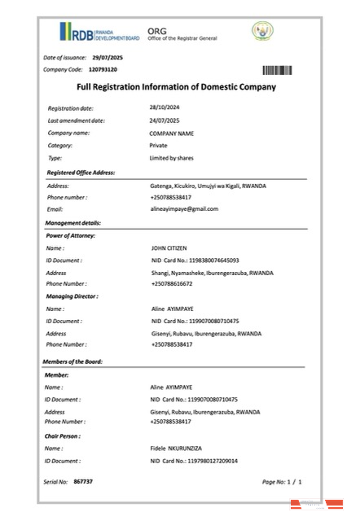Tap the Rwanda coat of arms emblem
264,33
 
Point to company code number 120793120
103,69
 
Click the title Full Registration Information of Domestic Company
176,87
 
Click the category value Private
158,145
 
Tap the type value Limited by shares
171,157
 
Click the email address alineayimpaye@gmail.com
184,208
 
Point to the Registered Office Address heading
80,173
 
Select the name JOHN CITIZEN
169,247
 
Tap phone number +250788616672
172,283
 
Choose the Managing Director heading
72,296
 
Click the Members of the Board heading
72,361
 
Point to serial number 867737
83,482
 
